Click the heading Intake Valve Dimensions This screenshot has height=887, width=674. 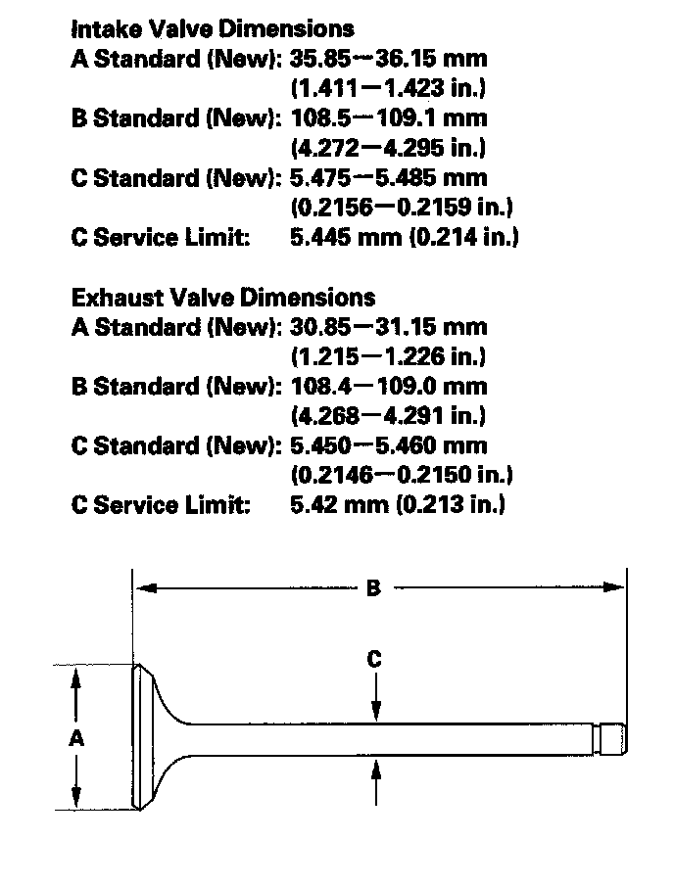coord(213,28)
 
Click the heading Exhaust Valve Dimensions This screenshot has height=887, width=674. coord(223,297)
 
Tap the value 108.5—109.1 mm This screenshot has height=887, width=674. coord(389,117)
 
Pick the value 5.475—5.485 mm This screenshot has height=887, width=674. coord(389,177)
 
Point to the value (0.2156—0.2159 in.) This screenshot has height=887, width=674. coord(402,208)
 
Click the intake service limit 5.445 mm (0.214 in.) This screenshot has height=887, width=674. coord(405,237)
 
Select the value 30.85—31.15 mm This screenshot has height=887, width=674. coord(389,326)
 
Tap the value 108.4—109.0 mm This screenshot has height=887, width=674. coord(389,386)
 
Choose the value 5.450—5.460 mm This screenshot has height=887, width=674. coord(389,445)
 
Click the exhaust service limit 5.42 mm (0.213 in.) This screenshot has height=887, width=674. coord(398,505)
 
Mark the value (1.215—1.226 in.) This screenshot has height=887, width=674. coord(389,356)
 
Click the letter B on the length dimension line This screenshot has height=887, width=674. coord(373,588)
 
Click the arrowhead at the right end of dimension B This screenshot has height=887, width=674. coord(616,588)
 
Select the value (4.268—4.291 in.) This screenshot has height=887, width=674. coord(389,416)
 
